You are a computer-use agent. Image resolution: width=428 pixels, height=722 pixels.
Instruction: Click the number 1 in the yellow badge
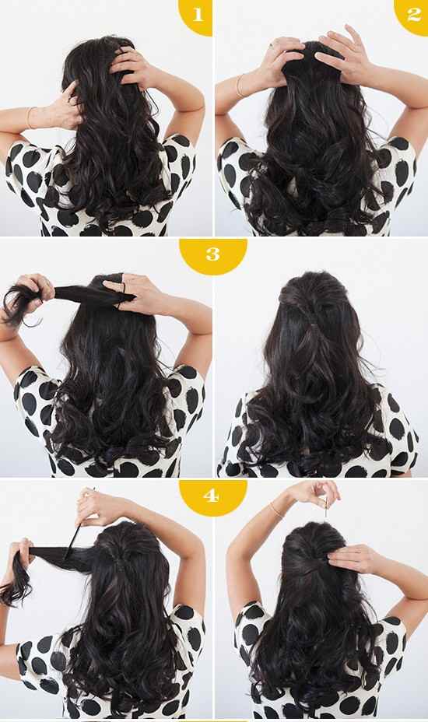pos(197,15)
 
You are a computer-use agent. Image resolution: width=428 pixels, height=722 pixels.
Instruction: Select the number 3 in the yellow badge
pos(213,254)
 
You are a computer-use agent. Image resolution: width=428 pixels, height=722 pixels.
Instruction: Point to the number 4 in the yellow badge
pos(211,496)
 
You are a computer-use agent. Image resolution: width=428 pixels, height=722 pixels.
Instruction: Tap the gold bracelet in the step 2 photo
pos(239,86)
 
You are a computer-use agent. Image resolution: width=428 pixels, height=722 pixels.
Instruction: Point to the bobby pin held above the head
pos(327,507)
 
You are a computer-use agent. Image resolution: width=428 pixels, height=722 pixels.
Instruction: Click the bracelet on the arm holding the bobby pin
pos(276,510)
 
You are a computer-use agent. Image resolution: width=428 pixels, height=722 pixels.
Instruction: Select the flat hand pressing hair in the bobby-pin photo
pos(351,559)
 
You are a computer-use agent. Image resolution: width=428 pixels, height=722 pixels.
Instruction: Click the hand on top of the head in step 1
pos(129,66)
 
